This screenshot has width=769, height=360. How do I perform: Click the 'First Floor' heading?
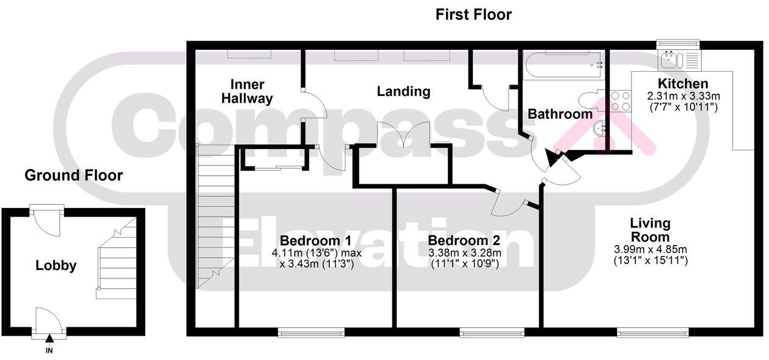(x=473, y=15)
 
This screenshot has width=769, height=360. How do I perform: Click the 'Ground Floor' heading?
(x=74, y=176)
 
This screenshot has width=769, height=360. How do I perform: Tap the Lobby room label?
(x=56, y=266)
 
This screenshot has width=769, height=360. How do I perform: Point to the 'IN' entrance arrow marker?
(x=49, y=341)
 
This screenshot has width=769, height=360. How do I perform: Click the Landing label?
(x=403, y=92)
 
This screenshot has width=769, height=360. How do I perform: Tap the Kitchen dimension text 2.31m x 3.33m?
(x=683, y=96)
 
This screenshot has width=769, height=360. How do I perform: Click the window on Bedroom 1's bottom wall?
(x=311, y=332)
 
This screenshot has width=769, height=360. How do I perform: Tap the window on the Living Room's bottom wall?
(x=653, y=332)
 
